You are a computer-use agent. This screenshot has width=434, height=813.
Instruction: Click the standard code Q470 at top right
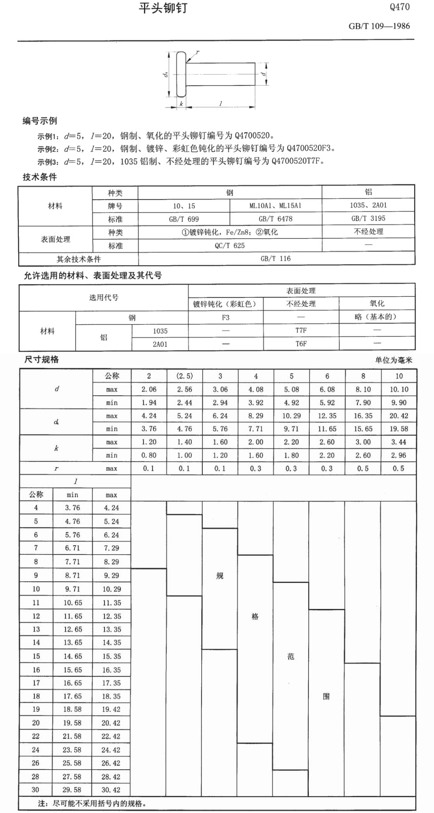pyautogui.click(x=399, y=7)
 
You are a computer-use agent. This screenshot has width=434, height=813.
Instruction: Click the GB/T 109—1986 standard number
pyautogui.click(x=379, y=26)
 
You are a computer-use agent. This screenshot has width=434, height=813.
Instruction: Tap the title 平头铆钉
pyautogui.click(x=163, y=8)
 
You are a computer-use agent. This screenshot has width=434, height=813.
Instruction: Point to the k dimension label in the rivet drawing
pyautogui.click(x=181, y=104)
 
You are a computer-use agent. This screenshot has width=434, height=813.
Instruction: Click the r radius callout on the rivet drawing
pyautogui.click(x=197, y=52)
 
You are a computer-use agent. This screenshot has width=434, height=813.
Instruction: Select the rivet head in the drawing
pyautogui.click(x=181, y=74)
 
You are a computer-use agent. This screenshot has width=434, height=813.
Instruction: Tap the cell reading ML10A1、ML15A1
pyautogui.click(x=275, y=206)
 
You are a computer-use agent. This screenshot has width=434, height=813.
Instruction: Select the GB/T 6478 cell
pyautogui.click(x=275, y=219)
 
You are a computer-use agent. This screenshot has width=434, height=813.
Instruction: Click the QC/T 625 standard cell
pyautogui.click(x=230, y=245)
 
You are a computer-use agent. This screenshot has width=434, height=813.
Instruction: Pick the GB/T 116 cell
pyautogui.click(x=275, y=259)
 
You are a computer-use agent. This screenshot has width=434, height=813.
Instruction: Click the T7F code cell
pyautogui.click(x=301, y=330)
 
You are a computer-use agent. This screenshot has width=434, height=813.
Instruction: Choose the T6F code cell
pyautogui.click(x=301, y=344)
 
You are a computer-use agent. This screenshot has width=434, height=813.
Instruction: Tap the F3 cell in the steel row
pyautogui.click(x=225, y=317)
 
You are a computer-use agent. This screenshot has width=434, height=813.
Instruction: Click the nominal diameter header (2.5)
pyautogui.click(x=184, y=376)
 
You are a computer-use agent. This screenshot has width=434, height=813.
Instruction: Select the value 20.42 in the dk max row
pyautogui.click(x=399, y=416)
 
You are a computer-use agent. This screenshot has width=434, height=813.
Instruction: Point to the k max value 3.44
pyautogui.click(x=398, y=442)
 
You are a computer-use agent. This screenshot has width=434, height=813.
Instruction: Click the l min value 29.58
pyautogui.click(x=72, y=790)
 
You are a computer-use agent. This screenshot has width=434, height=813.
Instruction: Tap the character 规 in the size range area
pyautogui.click(x=220, y=576)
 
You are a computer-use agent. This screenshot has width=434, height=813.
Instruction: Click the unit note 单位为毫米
pyautogui.click(x=393, y=360)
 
